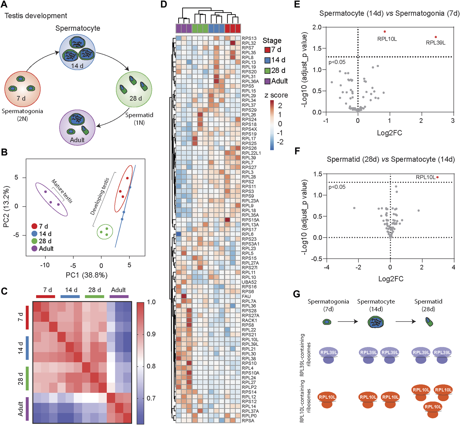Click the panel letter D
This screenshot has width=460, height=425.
(164, 4)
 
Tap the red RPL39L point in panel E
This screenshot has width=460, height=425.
(436, 37)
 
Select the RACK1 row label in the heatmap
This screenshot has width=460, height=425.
(249, 320)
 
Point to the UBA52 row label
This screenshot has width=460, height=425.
(249, 282)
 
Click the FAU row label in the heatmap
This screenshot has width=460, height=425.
(246, 296)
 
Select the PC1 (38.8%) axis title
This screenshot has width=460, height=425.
(86, 275)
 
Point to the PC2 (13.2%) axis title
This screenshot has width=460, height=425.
(6, 206)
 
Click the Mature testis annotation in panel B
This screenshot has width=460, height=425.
(62, 191)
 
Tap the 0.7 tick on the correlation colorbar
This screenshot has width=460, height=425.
(151, 398)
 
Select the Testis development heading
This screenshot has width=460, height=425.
(36, 16)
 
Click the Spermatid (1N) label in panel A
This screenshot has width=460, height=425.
(139, 119)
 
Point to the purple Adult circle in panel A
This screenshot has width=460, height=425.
(77, 127)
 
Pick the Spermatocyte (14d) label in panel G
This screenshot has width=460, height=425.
(376, 305)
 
